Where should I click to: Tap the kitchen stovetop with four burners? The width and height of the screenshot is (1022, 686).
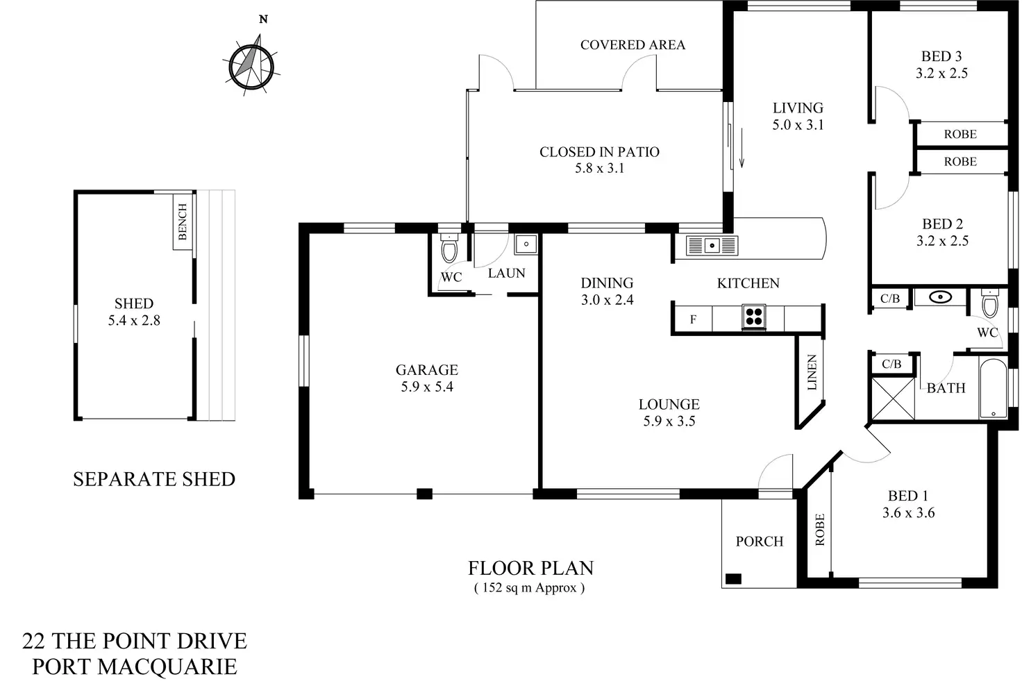(754, 317)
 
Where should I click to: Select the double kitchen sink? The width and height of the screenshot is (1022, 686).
(712, 245)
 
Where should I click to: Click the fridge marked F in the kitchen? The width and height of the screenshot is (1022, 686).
(693, 319)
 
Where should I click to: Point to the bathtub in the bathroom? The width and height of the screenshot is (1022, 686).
(994, 388)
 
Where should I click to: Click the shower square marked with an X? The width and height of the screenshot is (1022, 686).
(893, 399)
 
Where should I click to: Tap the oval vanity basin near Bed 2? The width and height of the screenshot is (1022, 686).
(941, 298)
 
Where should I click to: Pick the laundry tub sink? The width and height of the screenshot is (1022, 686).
(526, 244)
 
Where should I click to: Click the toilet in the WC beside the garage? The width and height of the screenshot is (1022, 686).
(449, 247)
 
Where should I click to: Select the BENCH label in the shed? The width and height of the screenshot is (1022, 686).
(183, 222)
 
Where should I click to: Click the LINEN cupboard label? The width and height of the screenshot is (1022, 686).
(812, 372)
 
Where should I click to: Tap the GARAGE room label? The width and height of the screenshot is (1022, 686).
(426, 369)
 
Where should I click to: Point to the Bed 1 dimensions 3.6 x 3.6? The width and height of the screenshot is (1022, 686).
(908, 513)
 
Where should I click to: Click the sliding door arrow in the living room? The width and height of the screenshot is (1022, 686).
(742, 148)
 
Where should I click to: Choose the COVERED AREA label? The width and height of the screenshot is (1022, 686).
(633, 44)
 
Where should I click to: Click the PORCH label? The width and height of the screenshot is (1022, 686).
(759, 542)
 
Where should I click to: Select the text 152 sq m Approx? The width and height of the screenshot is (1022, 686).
(529, 588)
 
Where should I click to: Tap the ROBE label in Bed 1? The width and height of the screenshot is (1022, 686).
(820, 530)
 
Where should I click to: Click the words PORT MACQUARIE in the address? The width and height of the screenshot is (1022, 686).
(135, 667)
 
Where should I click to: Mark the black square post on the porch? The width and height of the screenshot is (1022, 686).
(733, 579)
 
